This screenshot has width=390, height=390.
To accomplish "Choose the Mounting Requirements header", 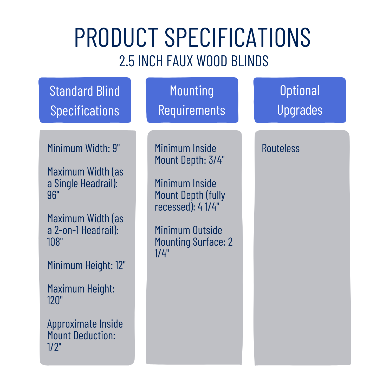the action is [x=192, y=100].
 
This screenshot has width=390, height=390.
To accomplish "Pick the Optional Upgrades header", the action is [x=300, y=100].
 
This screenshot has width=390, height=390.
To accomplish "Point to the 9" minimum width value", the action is [x=116, y=148].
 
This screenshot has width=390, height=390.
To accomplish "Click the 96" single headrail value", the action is [x=53, y=195].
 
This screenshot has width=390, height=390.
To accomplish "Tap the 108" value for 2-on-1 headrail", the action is [x=55, y=242].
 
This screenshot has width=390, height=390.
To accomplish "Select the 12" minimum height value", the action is [x=120, y=265].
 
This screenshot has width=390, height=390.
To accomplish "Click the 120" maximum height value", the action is [x=55, y=300].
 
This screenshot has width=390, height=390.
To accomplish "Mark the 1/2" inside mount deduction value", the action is [x=54, y=347].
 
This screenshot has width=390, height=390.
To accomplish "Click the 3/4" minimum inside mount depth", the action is [x=217, y=160].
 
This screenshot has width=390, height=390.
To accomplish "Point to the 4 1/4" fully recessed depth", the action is [x=209, y=207].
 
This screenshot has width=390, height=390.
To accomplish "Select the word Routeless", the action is [x=281, y=148].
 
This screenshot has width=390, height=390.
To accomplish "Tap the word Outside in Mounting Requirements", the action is [x=207, y=230].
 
